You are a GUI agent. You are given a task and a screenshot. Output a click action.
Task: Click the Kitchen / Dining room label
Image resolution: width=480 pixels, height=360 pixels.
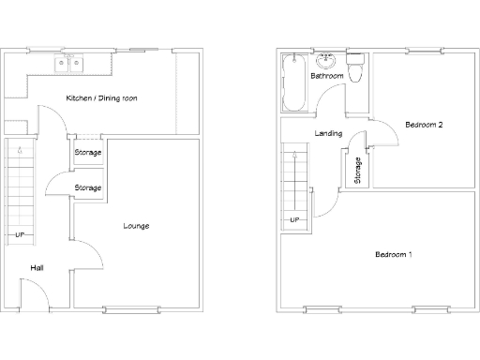(x=102, y=98)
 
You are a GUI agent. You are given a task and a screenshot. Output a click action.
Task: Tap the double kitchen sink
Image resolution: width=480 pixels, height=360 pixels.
(x=69, y=64)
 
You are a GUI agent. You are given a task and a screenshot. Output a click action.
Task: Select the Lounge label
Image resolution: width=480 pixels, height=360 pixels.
(x=136, y=226)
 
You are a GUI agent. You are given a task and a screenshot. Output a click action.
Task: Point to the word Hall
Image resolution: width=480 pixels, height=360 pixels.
(x=37, y=268)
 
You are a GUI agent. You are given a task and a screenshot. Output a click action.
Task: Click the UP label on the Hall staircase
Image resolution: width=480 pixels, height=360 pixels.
(x=19, y=234)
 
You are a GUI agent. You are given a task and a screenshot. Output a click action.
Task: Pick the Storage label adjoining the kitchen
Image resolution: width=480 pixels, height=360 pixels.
(x=88, y=153)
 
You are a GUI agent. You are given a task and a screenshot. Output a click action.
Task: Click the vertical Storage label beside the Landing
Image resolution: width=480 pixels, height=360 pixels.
(x=358, y=170)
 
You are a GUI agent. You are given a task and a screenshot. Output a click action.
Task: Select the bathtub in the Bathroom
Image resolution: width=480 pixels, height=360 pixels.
(x=293, y=85)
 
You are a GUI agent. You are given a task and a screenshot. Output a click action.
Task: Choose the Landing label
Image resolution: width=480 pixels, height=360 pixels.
(x=328, y=134)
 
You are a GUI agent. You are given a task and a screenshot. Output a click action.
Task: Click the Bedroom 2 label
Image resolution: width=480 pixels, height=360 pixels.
(x=424, y=125)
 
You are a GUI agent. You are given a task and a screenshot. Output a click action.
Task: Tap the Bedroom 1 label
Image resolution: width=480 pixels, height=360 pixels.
(x=394, y=255)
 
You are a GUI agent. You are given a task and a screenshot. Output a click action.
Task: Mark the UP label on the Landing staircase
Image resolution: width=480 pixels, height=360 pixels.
(x=294, y=220)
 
